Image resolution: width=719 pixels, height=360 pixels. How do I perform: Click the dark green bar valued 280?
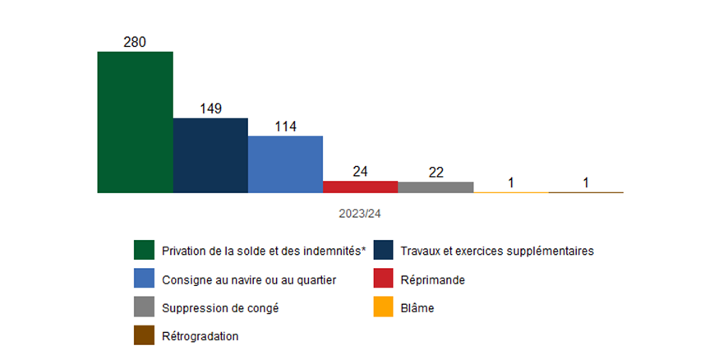point(135,122)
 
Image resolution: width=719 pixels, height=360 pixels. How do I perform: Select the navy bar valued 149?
point(210,155)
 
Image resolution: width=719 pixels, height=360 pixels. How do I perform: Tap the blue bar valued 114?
point(285,164)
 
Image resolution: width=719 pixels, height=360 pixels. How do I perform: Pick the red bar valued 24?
point(360,187)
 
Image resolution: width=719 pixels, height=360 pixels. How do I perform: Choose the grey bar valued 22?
point(436,187)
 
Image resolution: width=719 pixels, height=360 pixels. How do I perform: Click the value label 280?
point(135,42)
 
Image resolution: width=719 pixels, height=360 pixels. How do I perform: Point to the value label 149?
point(210,108)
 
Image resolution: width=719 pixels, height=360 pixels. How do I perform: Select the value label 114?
point(285,127)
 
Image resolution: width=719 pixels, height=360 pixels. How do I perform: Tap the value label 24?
point(360,172)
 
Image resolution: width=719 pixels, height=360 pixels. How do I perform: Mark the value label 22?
point(436,173)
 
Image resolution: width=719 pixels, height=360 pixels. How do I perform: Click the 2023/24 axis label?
point(360,213)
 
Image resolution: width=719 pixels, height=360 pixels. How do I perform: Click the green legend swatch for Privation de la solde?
point(144,250)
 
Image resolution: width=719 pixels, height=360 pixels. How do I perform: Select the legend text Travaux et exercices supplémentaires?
point(497,250)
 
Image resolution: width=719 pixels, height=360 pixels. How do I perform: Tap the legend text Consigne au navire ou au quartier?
point(249,279)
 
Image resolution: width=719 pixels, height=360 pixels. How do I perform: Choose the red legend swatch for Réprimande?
point(383,279)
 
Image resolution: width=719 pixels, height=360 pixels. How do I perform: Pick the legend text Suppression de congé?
point(214,308)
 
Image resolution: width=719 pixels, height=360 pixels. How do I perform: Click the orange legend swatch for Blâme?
point(383,308)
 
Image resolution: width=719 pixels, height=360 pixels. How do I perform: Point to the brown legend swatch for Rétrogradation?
point(144,336)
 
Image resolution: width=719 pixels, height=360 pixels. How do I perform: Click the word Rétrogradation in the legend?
point(200,336)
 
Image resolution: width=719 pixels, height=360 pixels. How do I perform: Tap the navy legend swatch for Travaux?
point(383,250)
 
